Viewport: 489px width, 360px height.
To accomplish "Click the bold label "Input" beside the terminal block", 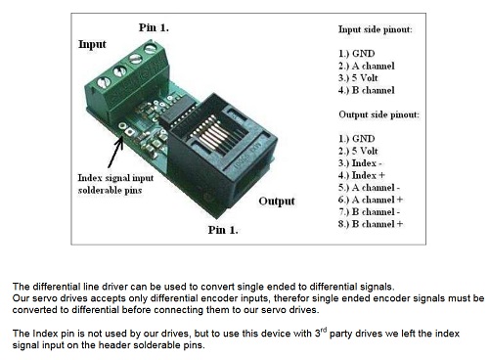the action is coord(92,44).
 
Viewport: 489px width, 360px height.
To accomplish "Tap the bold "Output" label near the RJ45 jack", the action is coord(277,202).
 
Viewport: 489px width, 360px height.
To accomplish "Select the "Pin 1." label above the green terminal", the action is coord(154,27).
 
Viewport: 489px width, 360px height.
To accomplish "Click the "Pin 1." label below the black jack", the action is coord(223,230).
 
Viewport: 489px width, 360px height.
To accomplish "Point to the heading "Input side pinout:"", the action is coord(376,29).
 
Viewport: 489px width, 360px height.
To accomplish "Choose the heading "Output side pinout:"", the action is coord(378,114).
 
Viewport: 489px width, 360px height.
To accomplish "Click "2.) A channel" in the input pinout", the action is coord(367,66).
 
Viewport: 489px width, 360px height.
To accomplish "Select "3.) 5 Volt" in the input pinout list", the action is coord(358,78).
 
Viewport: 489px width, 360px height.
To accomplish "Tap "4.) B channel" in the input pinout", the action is coord(367,90).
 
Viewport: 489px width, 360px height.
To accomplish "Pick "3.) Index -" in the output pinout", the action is coord(360,163).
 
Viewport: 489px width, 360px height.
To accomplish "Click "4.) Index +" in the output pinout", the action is coord(362,175).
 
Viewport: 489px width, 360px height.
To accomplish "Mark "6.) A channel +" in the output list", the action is coord(371,200).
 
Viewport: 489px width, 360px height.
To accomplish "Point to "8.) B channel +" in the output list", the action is coord(371,224).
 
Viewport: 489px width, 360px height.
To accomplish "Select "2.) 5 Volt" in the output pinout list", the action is coord(358,151).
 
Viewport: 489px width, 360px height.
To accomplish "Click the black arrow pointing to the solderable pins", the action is coord(115,153).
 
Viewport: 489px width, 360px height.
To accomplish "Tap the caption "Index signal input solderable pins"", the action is coord(115,184).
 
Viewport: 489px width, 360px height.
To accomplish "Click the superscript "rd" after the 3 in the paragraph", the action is coord(324,330).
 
